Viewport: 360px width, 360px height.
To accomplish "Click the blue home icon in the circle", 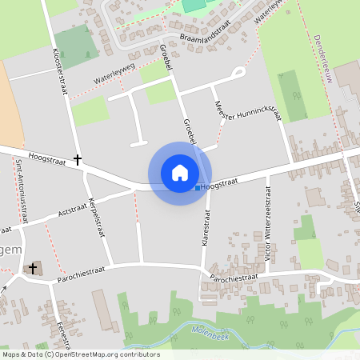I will tap(180, 173).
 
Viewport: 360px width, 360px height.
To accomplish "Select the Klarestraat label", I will tap(206, 231).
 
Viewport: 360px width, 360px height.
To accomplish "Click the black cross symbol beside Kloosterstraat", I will tap(78, 160).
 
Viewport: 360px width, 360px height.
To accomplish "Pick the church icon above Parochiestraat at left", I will tap(34, 269).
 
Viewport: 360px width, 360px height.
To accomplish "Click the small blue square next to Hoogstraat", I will tap(198, 188).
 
